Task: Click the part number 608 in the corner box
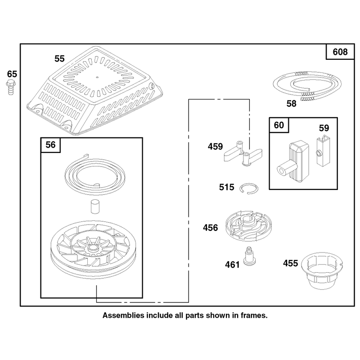tap(340, 52)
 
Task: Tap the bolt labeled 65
tap(10, 87)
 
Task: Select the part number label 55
tap(59, 59)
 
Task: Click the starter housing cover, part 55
tap(94, 90)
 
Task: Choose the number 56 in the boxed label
tap(50, 145)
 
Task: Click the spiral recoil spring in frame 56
tap(95, 174)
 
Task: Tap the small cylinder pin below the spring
tap(94, 207)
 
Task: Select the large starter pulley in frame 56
tap(94, 250)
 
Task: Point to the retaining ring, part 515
tap(249, 189)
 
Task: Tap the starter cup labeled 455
tap(322, 270)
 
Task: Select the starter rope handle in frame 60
tap(294, 162)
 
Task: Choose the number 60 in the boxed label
tap(279, 125)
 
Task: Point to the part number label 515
tap(227, 187)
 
